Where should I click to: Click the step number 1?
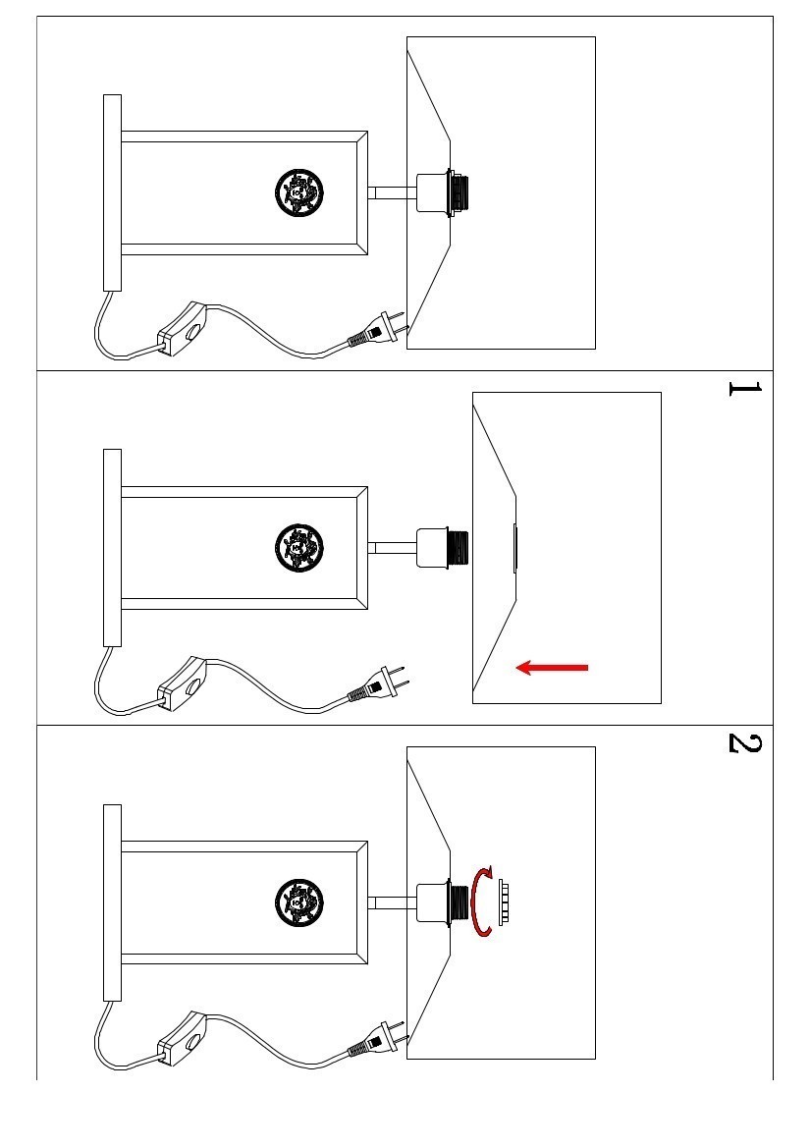tap(743, 389)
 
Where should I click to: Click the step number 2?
tap(743, 742)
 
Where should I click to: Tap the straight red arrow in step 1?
tap(552, 668)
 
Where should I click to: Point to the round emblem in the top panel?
tap(298, 192)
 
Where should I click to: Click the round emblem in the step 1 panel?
tap(298, 547)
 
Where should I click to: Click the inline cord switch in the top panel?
tap(183, 328)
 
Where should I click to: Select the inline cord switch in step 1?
tap(183, 683)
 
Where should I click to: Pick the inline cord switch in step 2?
tap(183, 1038)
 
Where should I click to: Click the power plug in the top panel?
tap(379, 332)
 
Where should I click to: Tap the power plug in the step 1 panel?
tap(379, 686)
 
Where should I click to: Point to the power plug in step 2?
tap(379, 1041)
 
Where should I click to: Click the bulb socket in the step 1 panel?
tap(441, 547)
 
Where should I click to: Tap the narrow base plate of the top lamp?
tap(112, 192)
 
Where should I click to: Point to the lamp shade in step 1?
tap(589, 547)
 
